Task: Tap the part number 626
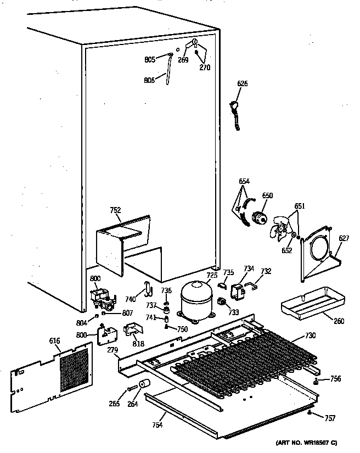(242, 83)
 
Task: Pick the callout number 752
(115, 210)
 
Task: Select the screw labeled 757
(312, 412)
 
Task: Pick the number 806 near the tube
(149, 80)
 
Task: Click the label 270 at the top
(204, 68)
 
